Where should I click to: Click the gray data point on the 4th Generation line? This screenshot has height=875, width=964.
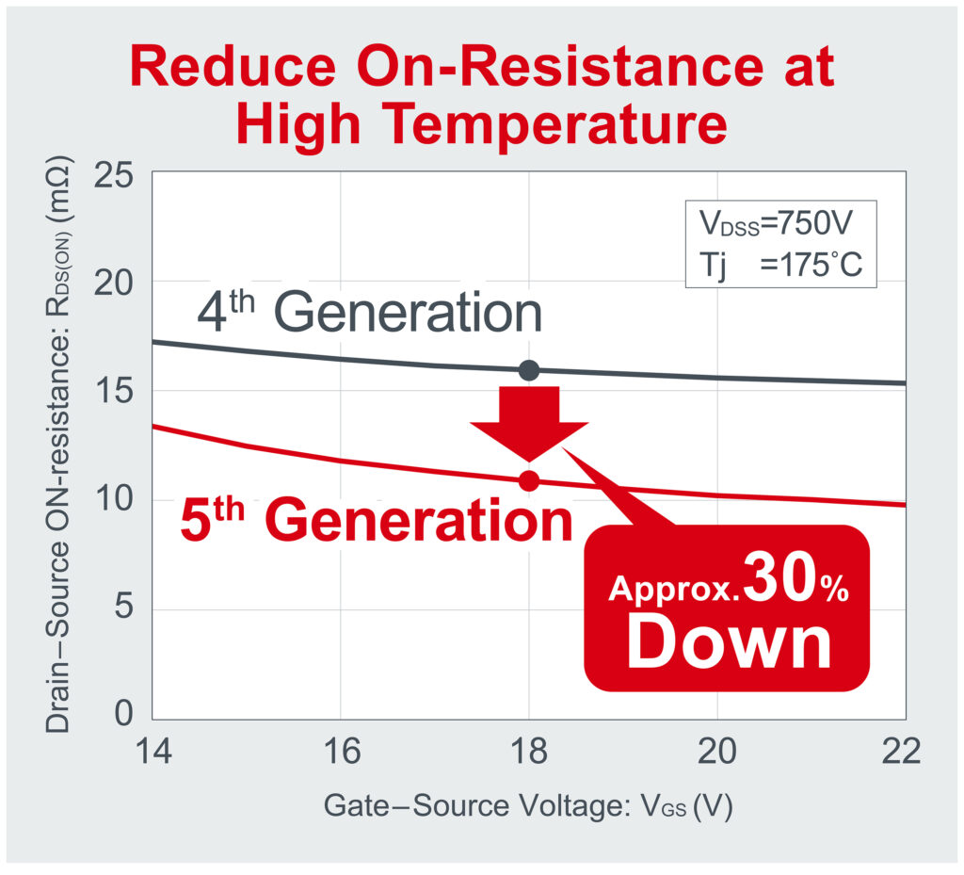(x=529, y=370)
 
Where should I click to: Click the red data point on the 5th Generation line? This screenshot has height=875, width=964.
(x=529, y=480)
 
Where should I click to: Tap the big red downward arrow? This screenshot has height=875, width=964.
(x=529, y=419)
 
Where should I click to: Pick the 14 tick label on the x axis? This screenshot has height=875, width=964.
(x=153, y=753)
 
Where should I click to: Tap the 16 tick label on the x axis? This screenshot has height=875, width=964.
(x=340, y=753)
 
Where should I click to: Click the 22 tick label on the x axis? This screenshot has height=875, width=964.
(x=903, y=753)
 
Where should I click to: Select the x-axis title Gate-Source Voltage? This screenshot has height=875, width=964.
(x=527, y=806)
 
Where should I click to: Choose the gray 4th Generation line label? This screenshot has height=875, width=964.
(x=369, y=314)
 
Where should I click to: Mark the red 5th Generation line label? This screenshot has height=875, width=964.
(x=376, y=521)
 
